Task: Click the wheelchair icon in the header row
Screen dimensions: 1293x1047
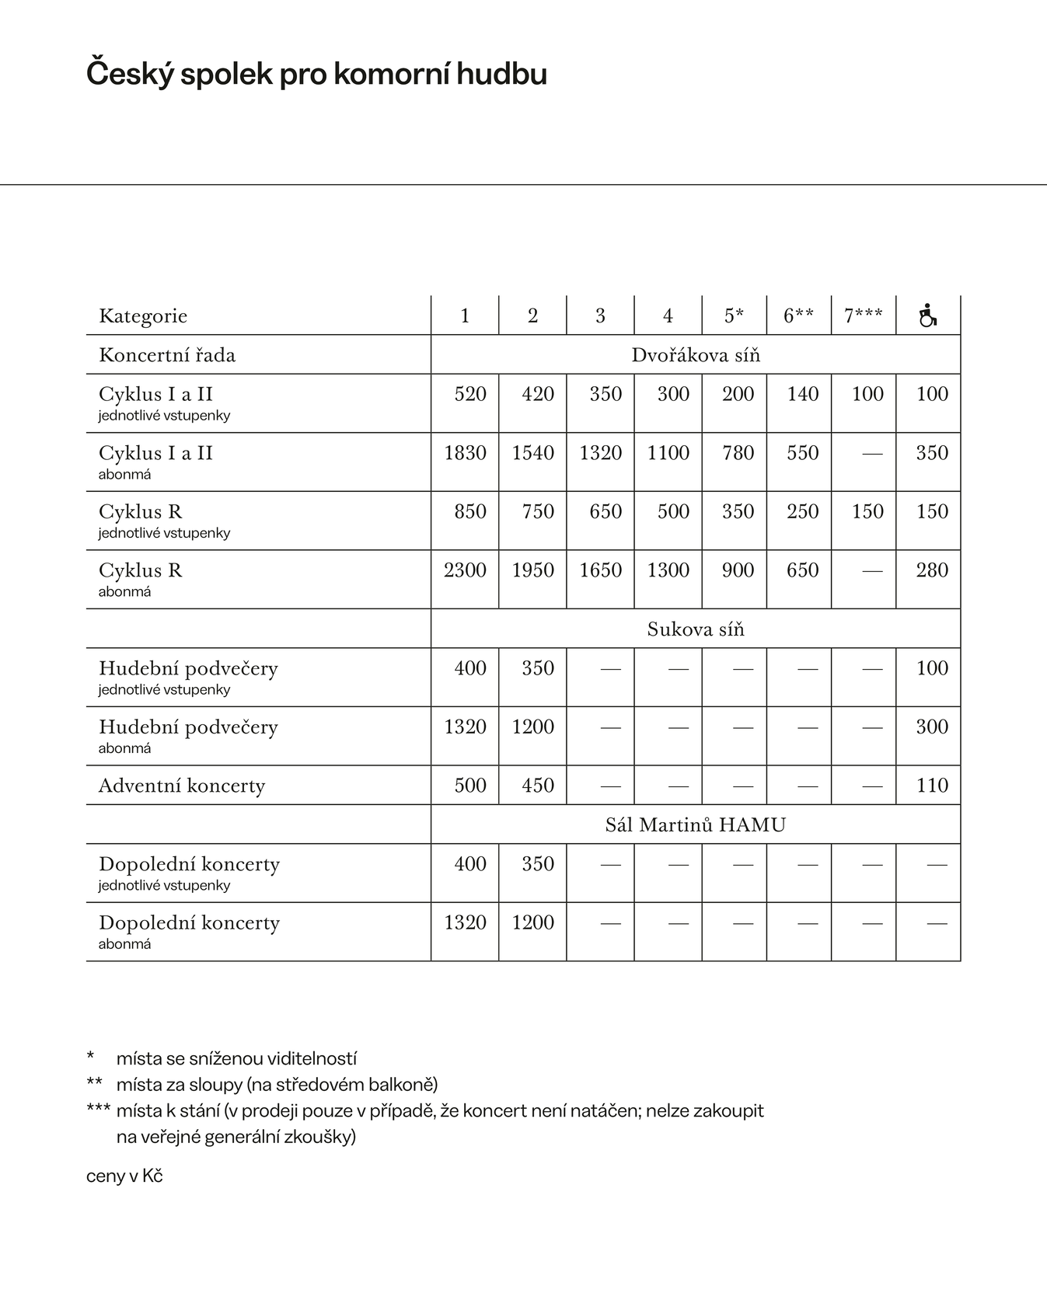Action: coord(928,315)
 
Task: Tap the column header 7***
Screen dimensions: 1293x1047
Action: coord(863,315)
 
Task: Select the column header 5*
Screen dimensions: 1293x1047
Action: coord(734,315)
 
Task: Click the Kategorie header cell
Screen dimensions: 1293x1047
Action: coord(143,315)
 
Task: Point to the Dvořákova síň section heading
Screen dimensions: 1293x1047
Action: coord(695,355)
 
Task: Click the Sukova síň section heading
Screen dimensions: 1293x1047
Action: coord(695,629)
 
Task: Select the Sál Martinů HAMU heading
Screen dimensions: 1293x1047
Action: coord(695,824)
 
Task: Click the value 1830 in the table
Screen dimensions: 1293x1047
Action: coord(465,453)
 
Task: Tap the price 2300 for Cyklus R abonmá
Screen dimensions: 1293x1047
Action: coord(465,570)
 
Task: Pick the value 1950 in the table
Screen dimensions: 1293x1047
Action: coord(532,570)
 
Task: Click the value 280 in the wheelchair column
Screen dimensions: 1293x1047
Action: coord(931,570)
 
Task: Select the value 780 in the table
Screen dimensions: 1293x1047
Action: coord(738,453)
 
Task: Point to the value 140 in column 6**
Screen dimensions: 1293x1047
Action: coord(802,394)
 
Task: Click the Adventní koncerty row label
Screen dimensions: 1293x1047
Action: coord(182,786)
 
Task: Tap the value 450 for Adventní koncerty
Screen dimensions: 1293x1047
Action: coord(537,786)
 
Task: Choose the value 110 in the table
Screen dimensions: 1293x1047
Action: coord(931,786)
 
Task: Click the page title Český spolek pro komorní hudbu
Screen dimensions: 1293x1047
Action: coord(316,74)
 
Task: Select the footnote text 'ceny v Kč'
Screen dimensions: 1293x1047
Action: coord(124,1176)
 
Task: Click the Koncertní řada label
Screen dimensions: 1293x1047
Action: coord(167,355)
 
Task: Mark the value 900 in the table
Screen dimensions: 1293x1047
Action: coord(738,570)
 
